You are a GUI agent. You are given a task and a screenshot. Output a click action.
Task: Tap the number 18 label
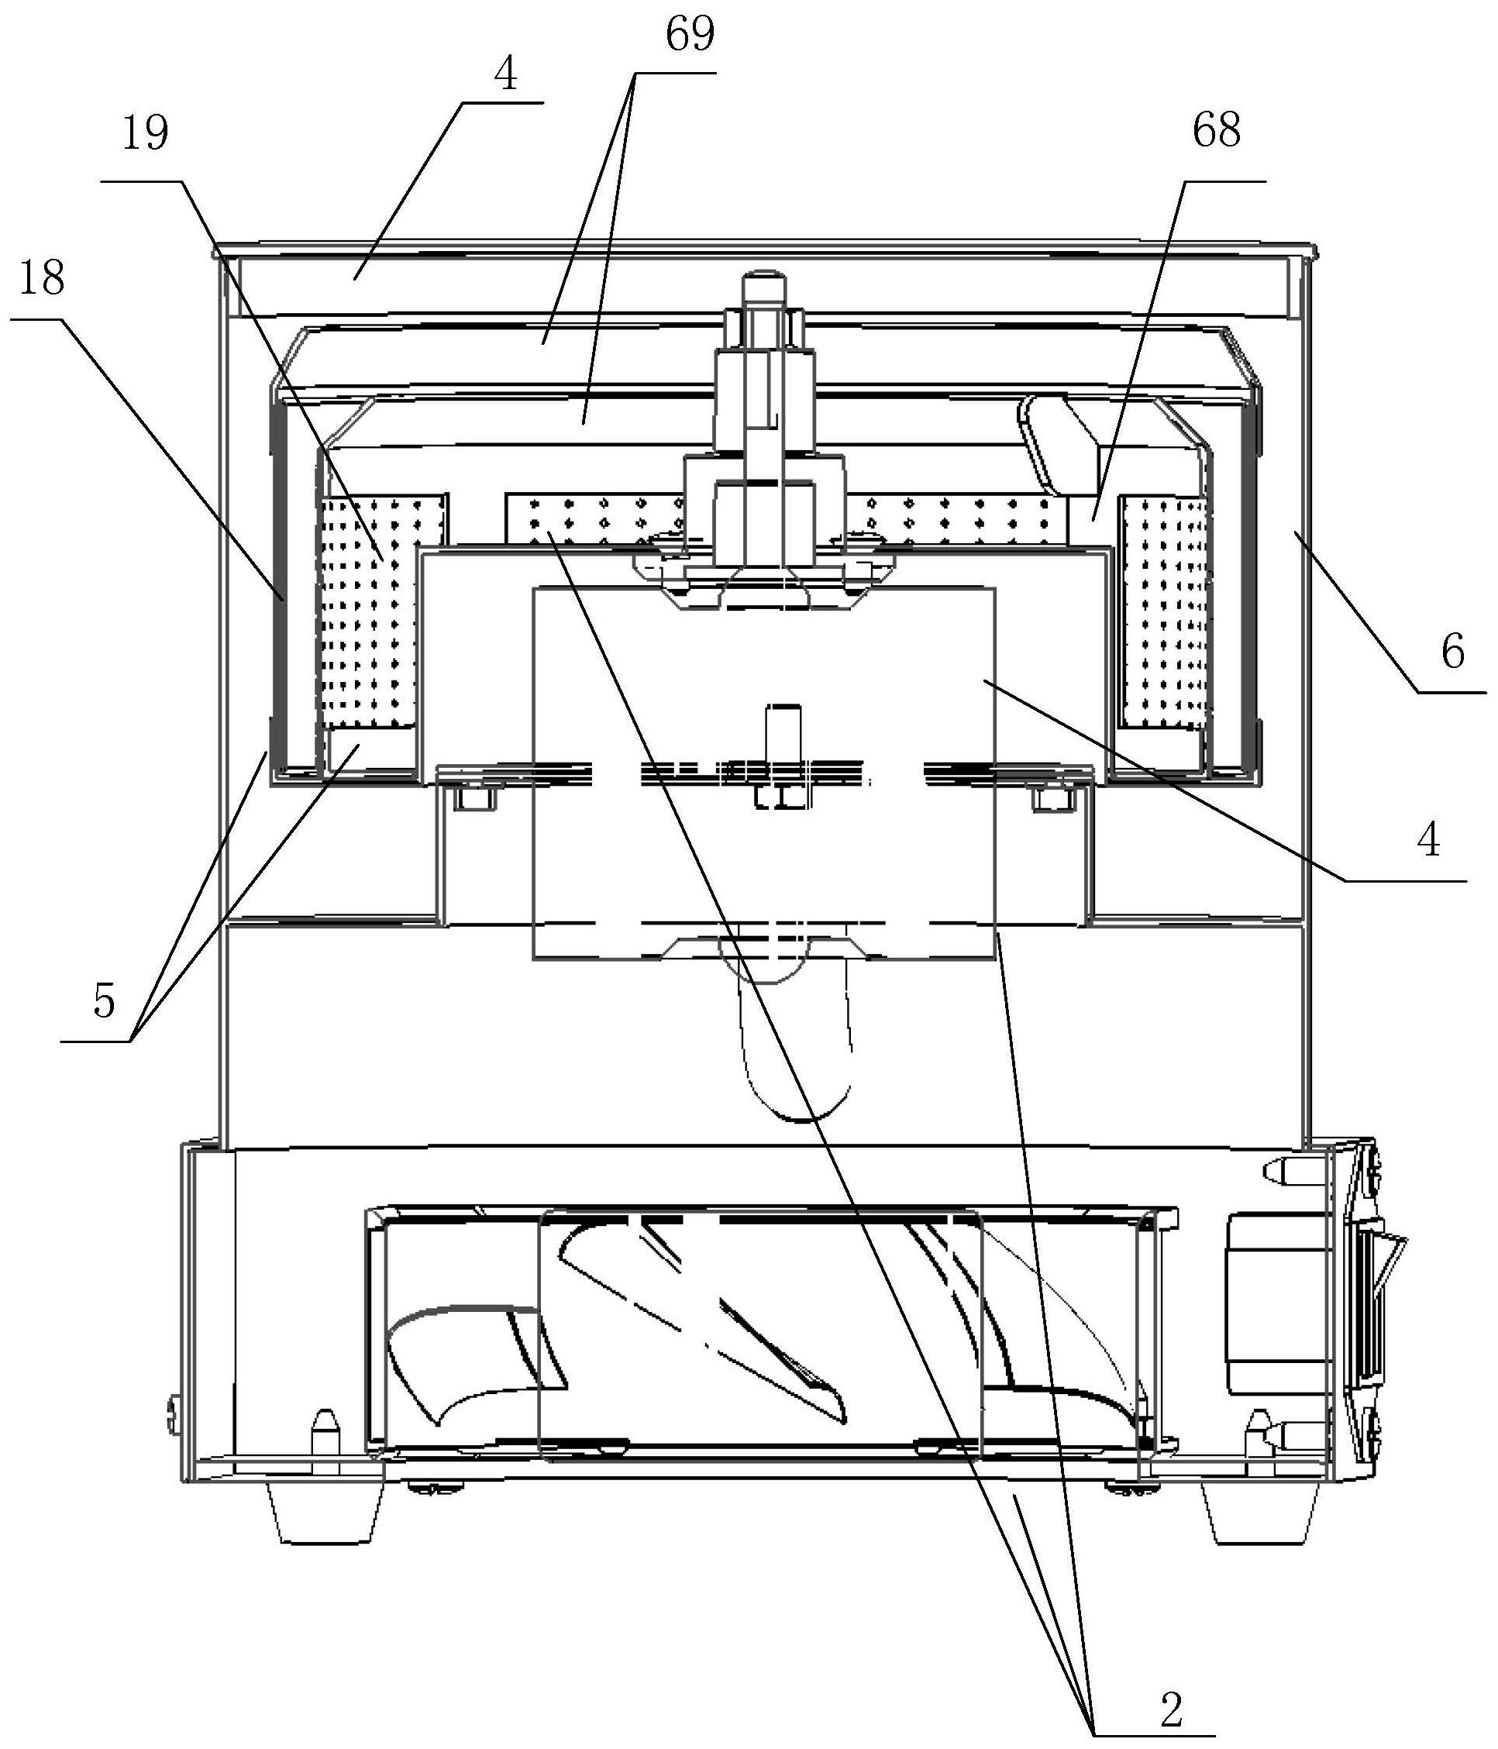point(41,278)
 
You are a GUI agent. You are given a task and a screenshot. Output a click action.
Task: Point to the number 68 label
point(1216,133)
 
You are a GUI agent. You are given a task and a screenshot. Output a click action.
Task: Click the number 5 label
point(104,1004)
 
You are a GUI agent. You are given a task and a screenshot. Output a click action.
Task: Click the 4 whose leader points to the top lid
point(505,77)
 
